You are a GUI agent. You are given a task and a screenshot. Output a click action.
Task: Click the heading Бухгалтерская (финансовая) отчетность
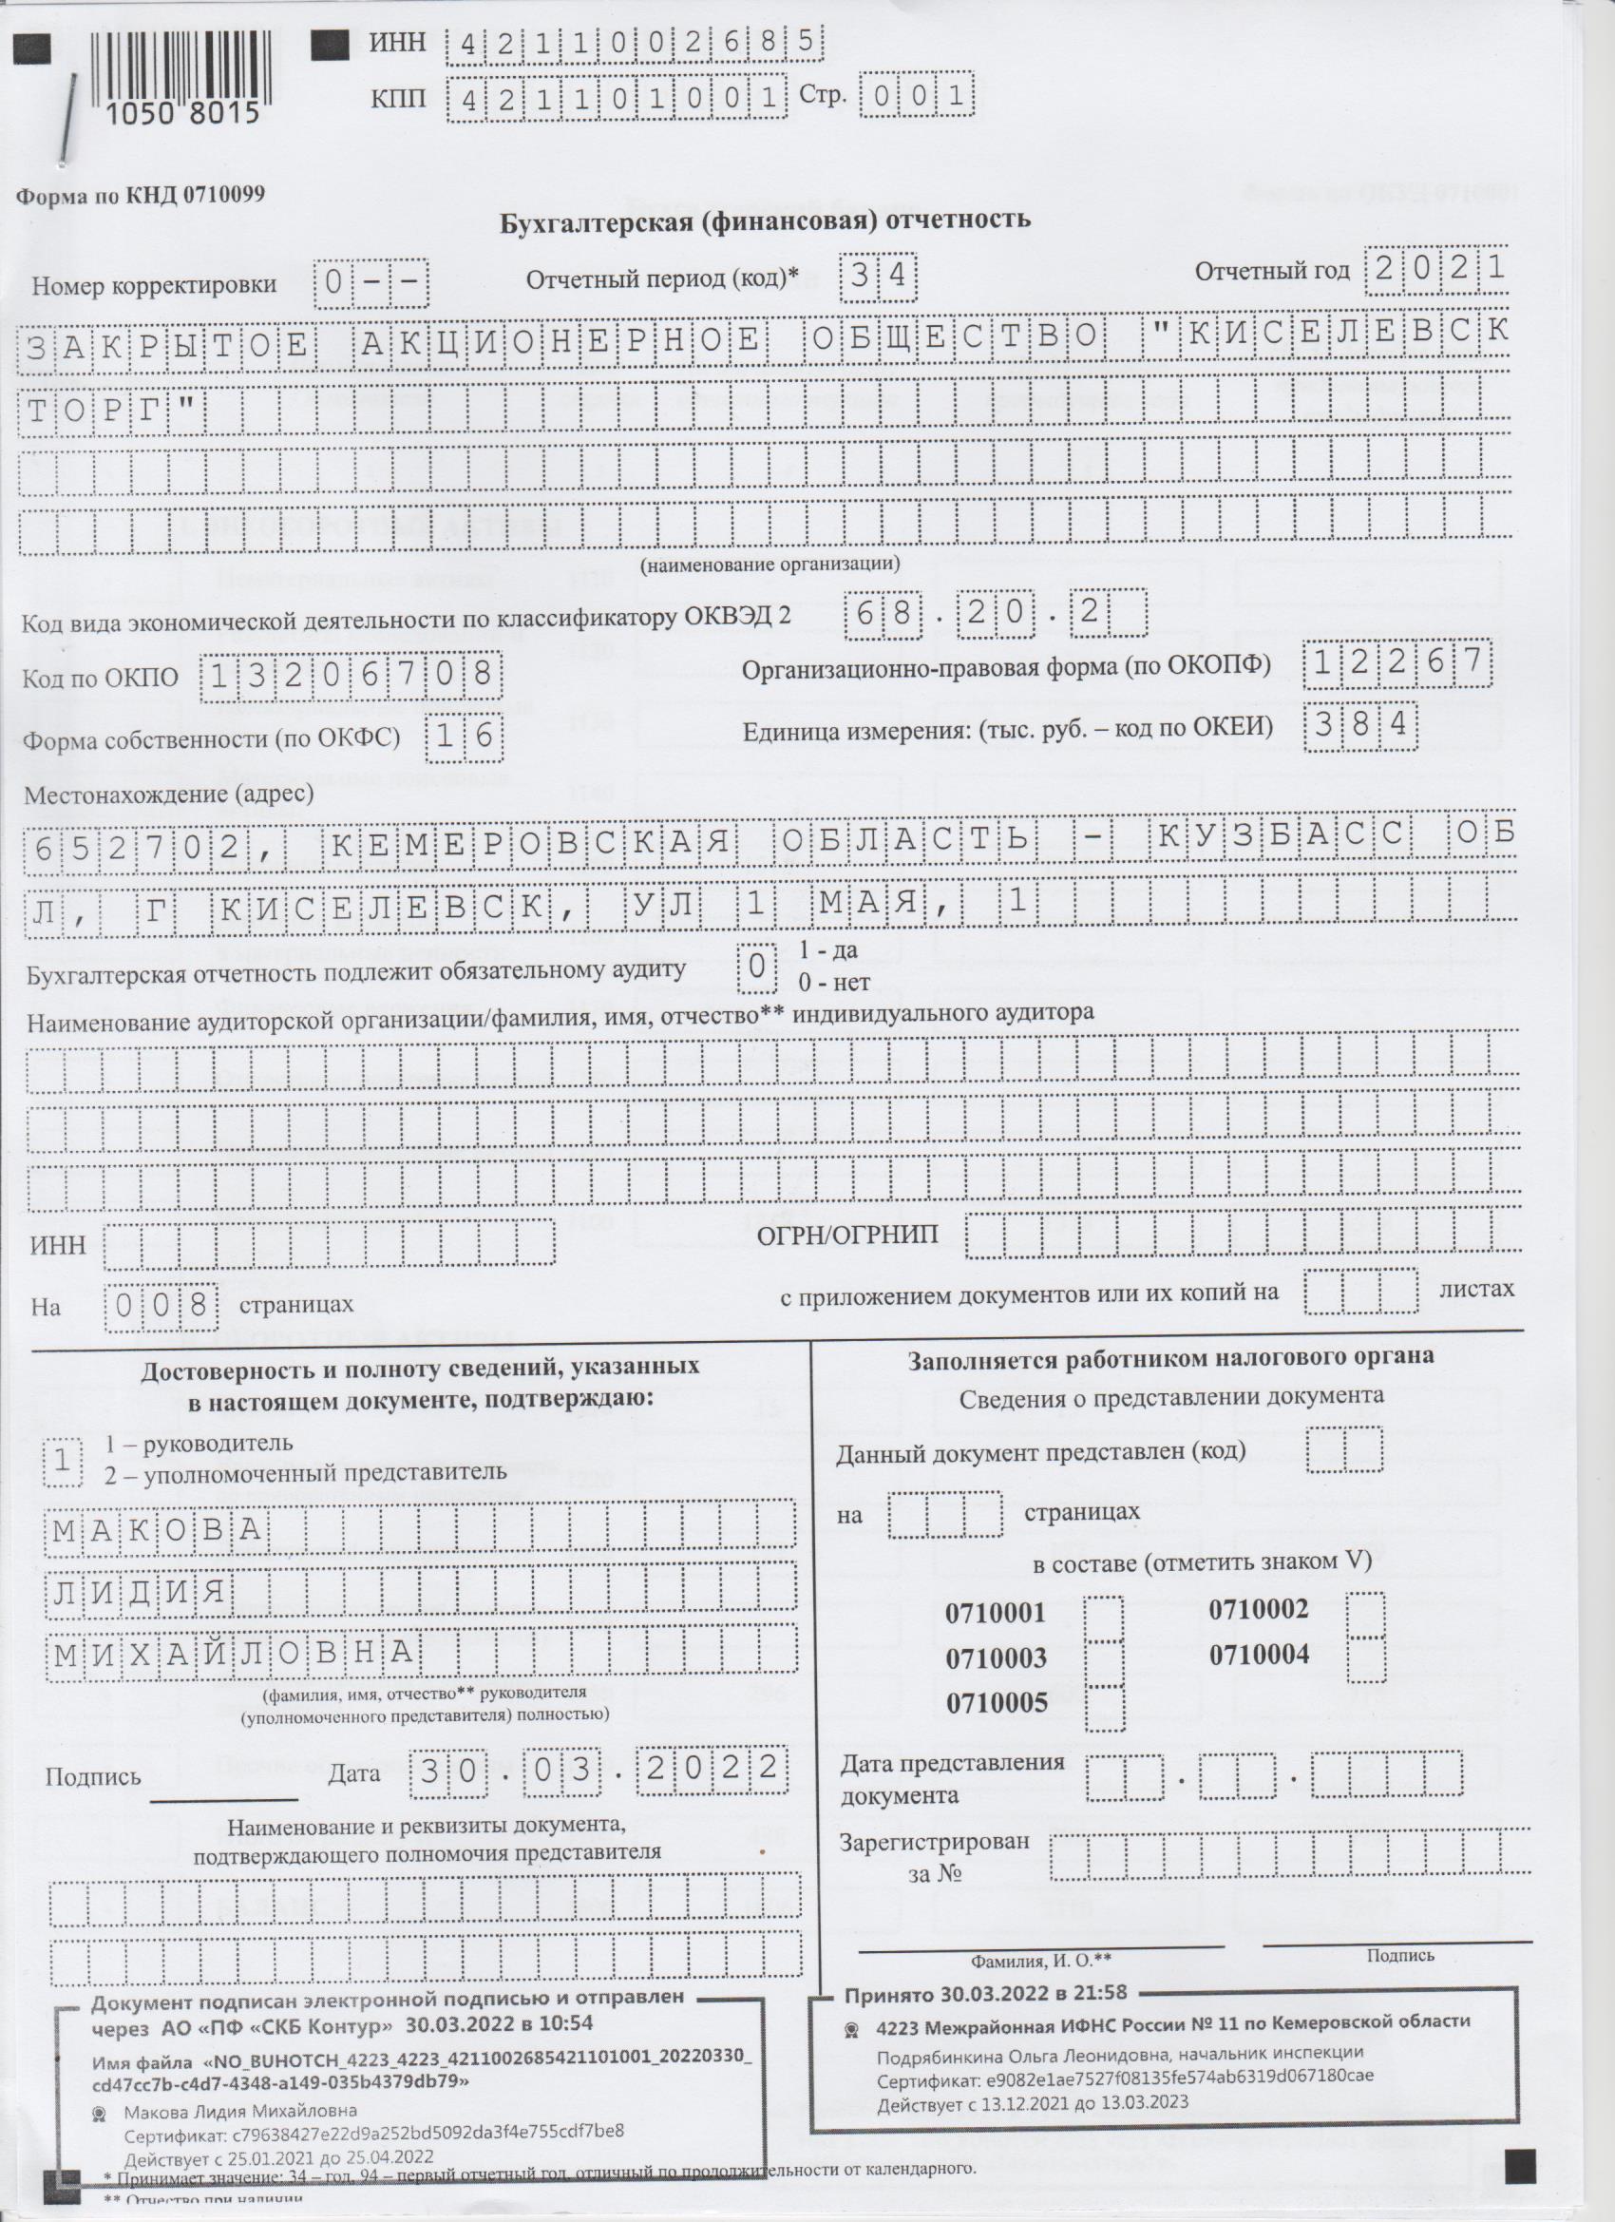[x=766, y=220]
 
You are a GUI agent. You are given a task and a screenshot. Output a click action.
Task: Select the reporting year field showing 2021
[x=1436, y=268]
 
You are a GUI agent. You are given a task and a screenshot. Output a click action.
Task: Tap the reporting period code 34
[x=879, y=278]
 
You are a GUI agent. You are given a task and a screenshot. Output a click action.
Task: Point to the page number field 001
[x=917, y=96]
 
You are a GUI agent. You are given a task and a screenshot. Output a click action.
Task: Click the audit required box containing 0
[x=756, y=965]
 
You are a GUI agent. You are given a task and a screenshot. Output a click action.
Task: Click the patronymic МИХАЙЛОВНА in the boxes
[x=235, y=1654]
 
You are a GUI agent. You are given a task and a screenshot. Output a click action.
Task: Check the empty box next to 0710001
[x=1106, y=1619]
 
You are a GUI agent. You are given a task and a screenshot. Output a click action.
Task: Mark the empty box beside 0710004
[x=1366, y=1658]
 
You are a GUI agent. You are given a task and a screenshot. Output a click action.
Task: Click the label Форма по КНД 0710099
[x=140, y=194]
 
